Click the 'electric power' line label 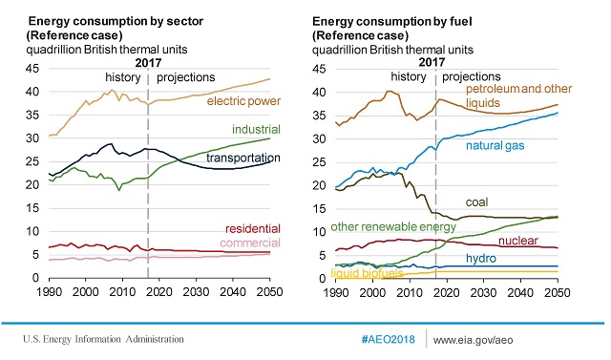tap(244, 100)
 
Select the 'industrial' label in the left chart tap(256, 129)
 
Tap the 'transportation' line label tap(244, 157)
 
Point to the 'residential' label tap(252, 229)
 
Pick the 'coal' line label tap(478, 202)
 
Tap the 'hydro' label tap(481, 259)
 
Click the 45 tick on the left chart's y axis tap(32, 69)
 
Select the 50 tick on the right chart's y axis tap(319, 69)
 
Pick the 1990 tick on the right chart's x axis tap(334, 290)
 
